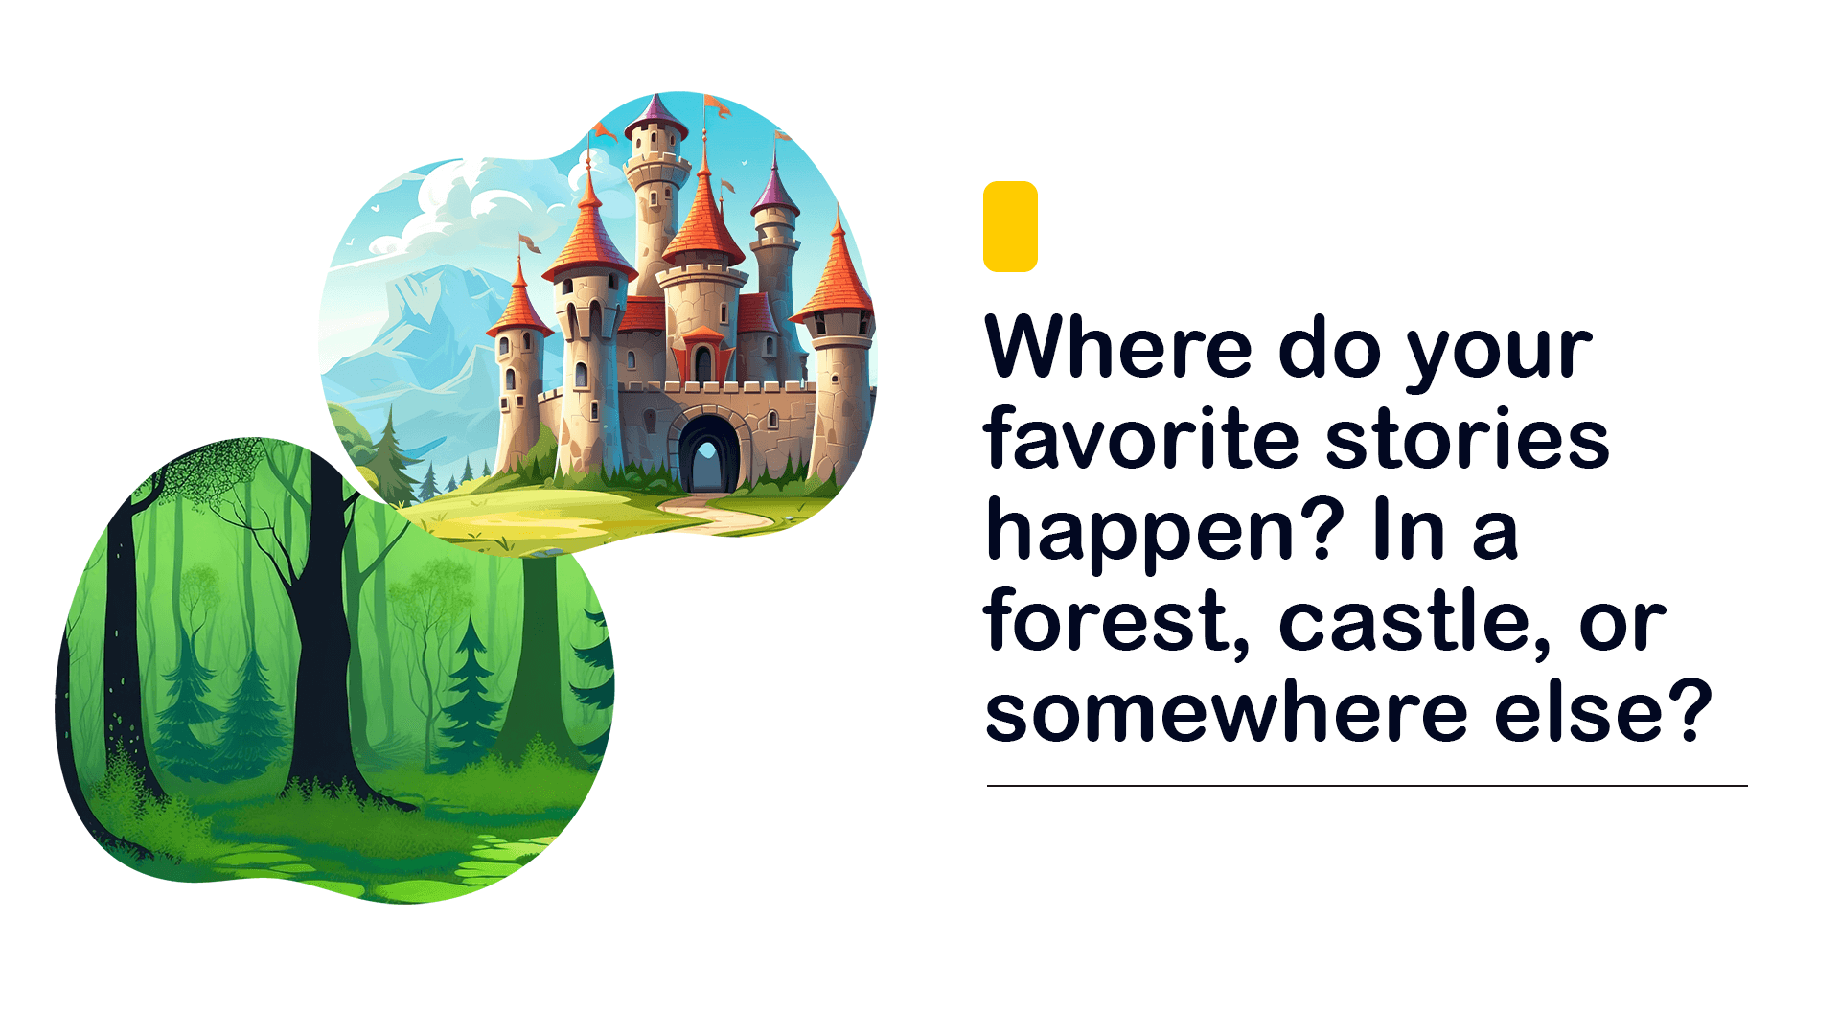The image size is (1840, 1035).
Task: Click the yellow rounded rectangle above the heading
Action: point(1010,226)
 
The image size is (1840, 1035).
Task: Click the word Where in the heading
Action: point(1118,346)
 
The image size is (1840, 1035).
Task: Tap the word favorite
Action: point(1140,438)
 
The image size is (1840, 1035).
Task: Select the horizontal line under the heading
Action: point(1368,786)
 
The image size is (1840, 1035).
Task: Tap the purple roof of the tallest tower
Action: point(656,115)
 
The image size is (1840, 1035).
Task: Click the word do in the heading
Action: point(1329,346)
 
